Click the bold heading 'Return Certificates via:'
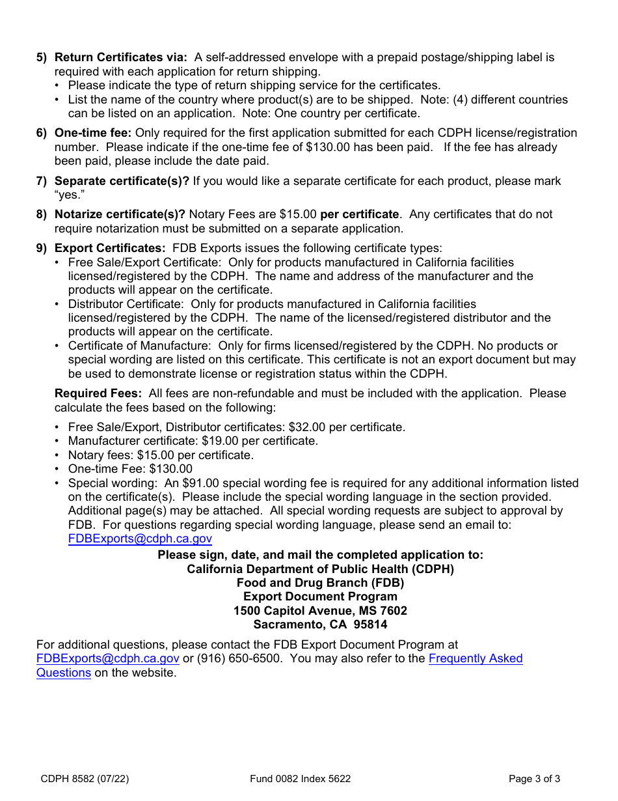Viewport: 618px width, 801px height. click(120, 57)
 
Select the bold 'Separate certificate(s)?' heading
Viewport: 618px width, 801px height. click(122, 181)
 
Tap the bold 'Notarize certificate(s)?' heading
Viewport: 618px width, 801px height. click(120, 214)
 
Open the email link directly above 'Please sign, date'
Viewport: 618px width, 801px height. click(140, 539)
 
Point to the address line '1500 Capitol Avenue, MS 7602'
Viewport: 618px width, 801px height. click(320, 611)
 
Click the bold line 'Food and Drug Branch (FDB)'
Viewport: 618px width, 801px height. click(320, 583)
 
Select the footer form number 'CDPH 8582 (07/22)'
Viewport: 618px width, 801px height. click(79, 778)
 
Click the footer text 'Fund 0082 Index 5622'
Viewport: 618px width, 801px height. click(300, 778)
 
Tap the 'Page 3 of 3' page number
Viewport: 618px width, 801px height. click(534, 778)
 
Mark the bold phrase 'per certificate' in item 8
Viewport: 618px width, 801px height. click(359, 214)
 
